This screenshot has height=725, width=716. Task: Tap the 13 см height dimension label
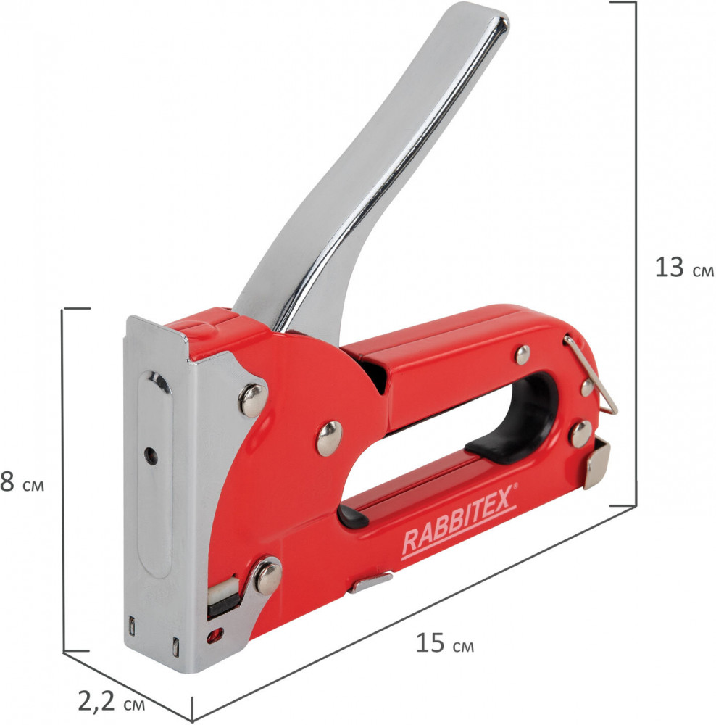(x=684, y=268)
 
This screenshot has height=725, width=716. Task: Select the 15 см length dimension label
(x=445, y=643)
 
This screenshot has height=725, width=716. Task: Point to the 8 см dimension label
(x=22, y=482)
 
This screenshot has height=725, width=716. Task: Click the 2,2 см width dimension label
(x=111, y=701)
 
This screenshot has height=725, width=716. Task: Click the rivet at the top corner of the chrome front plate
(x=253, y=400)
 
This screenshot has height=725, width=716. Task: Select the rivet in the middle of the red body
(x=329, y=439)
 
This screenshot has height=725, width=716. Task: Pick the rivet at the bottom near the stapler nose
(x=267, y=578)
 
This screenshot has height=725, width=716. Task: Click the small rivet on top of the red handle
(x=523, y=355)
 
